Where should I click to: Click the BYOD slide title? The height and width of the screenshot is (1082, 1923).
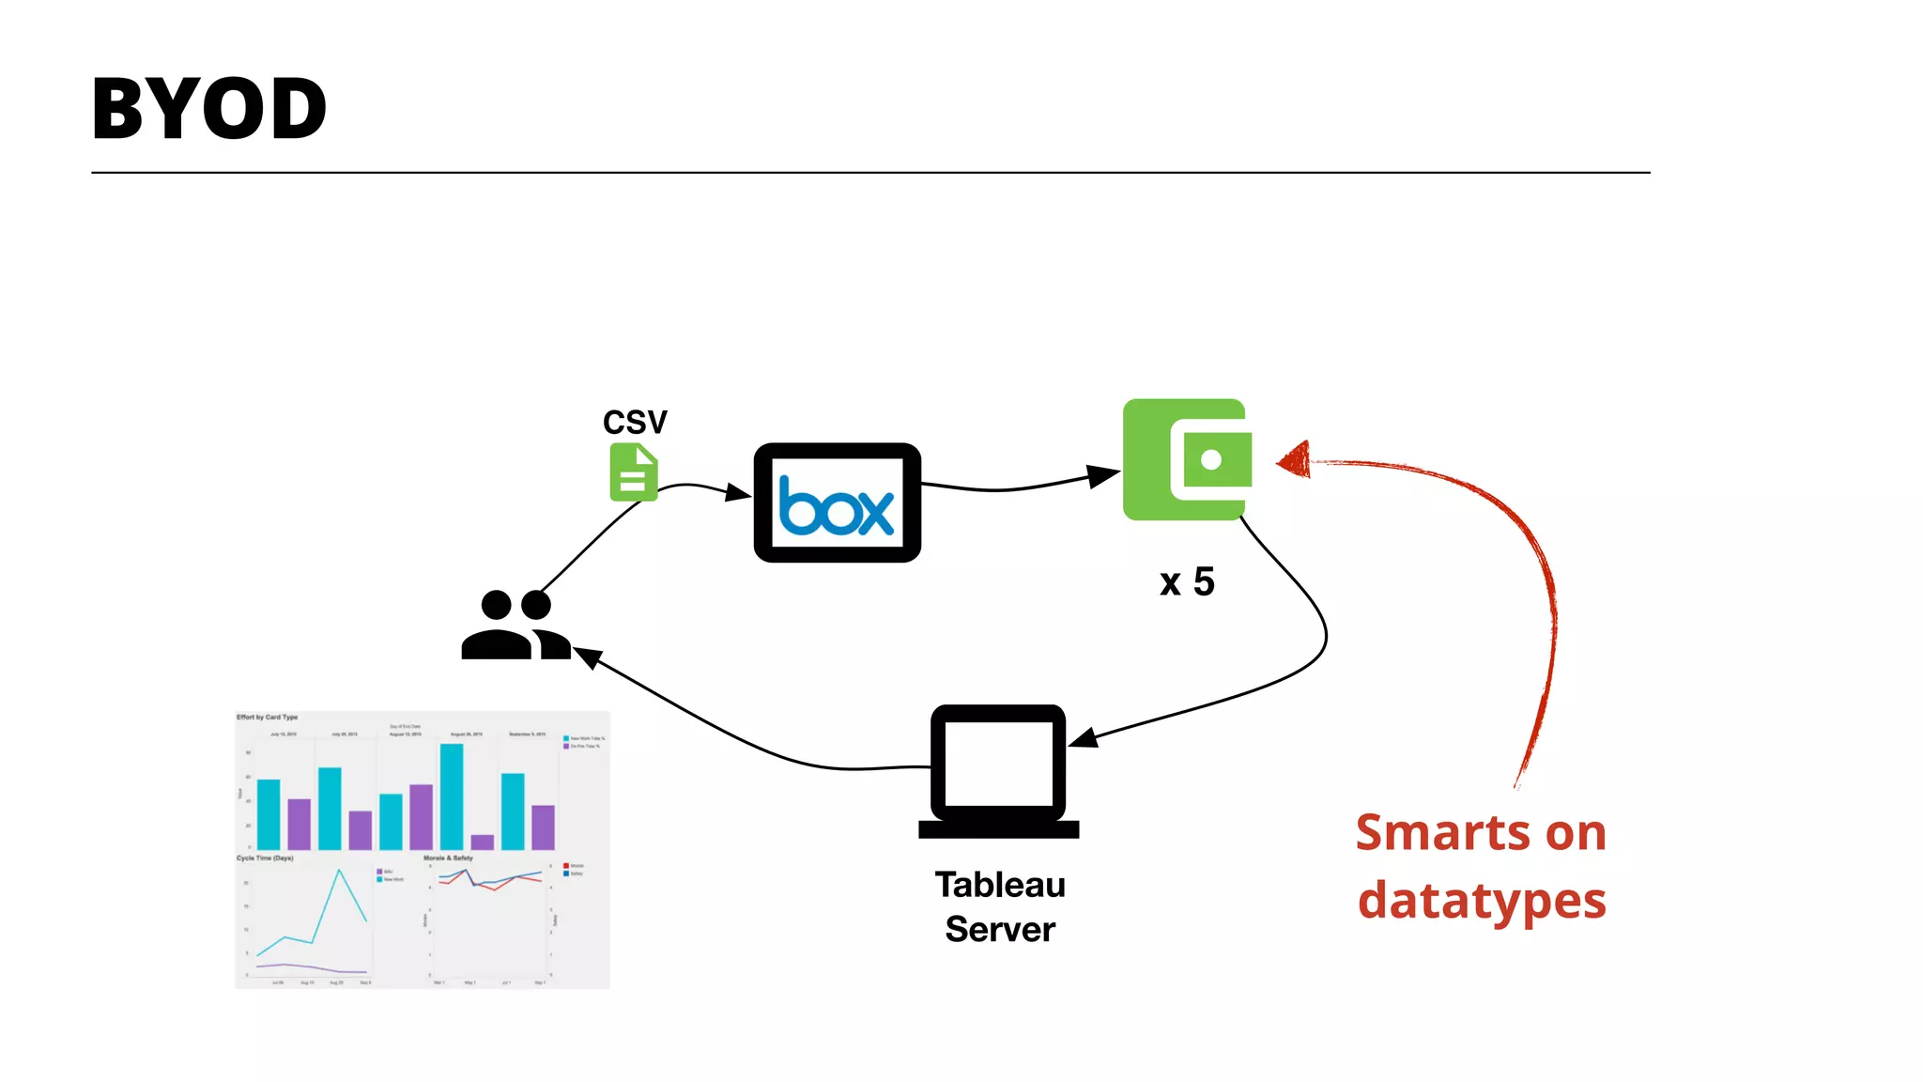(x=208, y=110)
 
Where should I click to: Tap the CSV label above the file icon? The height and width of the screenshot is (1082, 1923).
(x=635, y=422)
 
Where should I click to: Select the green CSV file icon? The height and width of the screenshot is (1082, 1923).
(x=634, y=472)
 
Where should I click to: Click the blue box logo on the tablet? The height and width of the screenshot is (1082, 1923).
(x=836, y=507)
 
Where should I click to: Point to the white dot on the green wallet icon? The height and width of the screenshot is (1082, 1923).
(x=1211, y=459)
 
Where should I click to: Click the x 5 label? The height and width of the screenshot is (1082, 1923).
(x=1187, y=582)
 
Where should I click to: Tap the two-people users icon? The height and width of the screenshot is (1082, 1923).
(x=515, y=626)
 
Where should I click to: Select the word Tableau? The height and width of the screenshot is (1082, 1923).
(x=1000, y=885)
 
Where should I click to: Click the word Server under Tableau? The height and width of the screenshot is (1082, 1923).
(x=1000, y=930)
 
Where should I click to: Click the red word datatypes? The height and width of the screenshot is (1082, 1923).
(x=1482, y=901)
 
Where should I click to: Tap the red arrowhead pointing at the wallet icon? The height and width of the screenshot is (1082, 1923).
(x=1294, y=460)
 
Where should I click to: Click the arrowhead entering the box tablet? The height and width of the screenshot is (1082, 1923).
(x=739, y=492)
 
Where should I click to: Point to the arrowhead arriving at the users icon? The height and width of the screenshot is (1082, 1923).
(x=588, y=657)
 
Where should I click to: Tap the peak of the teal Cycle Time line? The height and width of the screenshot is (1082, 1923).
(x=339, y=871)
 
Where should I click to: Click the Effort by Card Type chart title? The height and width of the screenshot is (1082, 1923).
(x=267, y=717)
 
